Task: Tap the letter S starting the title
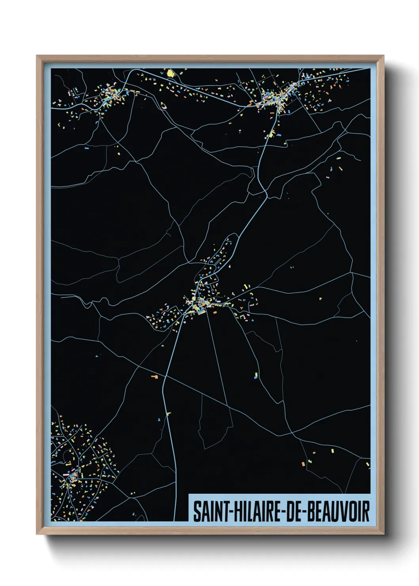[197, 511]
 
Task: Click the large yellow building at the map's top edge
[170, 73]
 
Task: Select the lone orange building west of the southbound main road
[154, 377]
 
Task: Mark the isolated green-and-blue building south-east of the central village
[256, 375]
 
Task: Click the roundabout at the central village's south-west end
[185, 314]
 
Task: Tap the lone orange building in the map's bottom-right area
[303, 464]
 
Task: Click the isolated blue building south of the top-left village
[87, 148]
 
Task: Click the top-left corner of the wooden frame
[37, 56]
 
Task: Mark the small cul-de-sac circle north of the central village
[227, 240]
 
